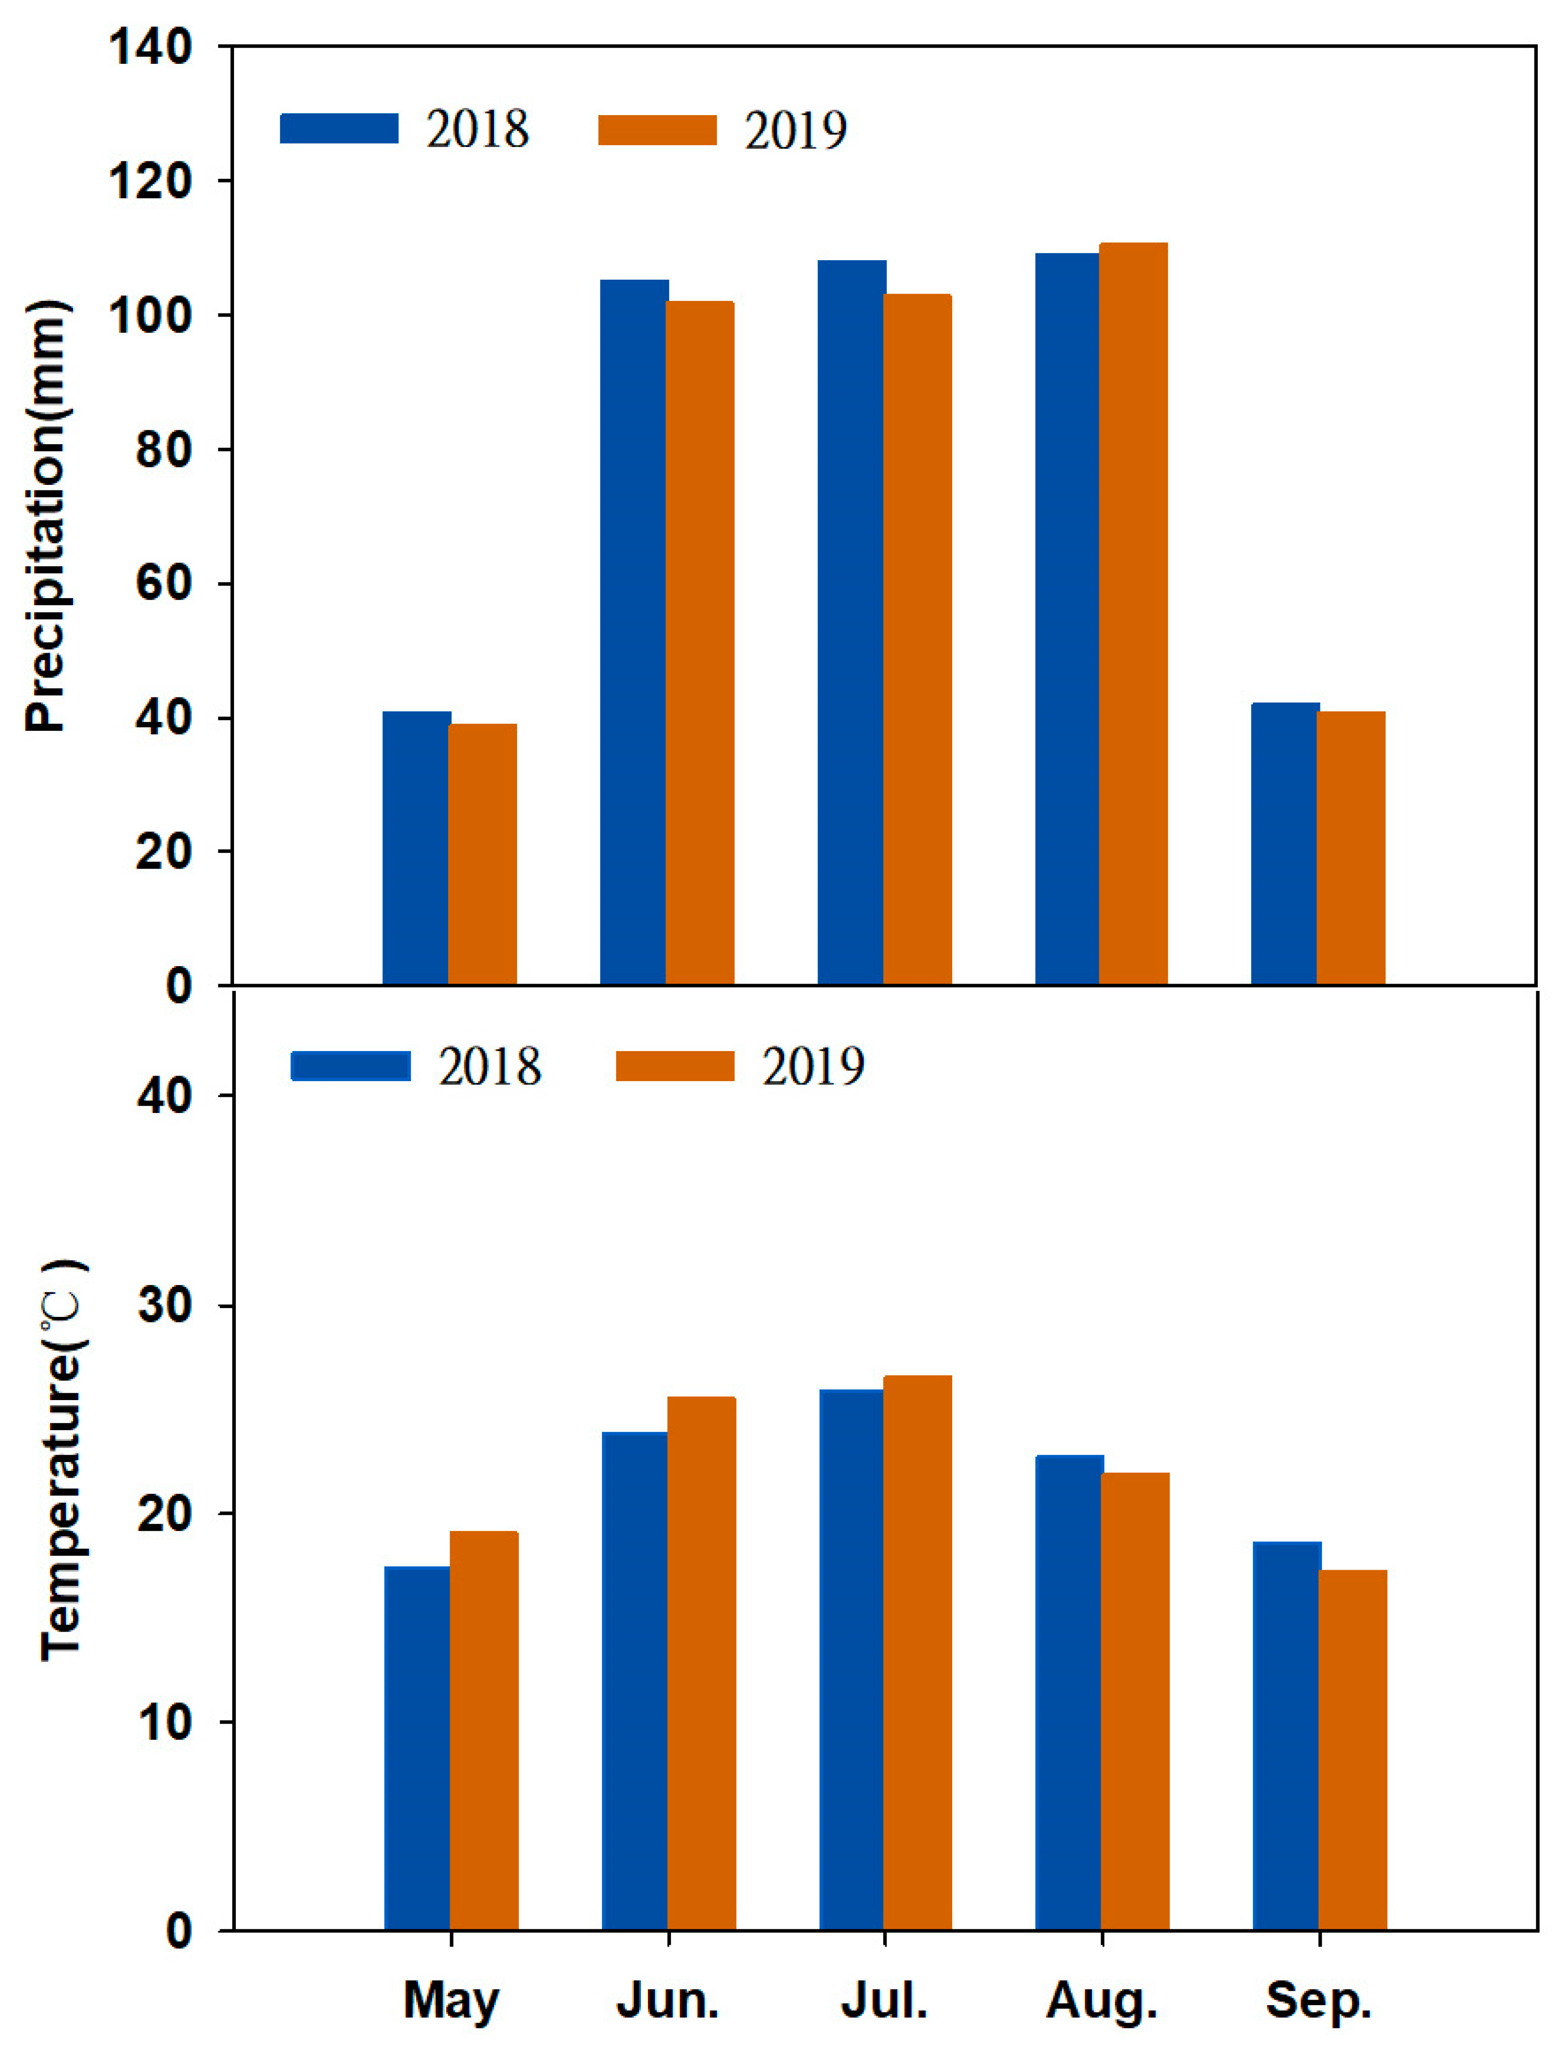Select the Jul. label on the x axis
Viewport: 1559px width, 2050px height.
pyautogui.click(x=884, y=2001)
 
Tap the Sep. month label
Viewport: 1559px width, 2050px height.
pyautogui.click(x=1319, y=2001)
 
